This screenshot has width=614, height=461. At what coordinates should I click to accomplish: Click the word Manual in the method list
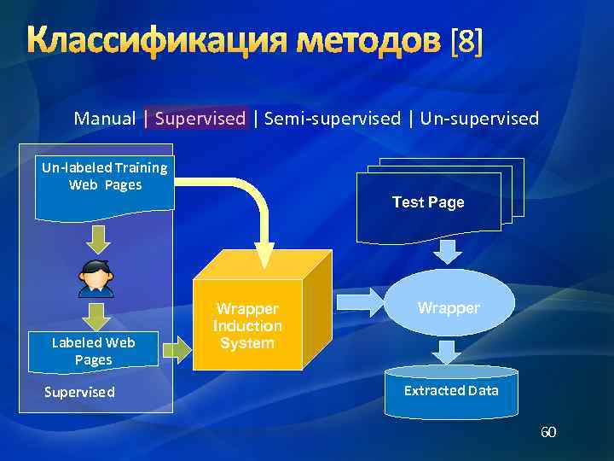tap(105, 119)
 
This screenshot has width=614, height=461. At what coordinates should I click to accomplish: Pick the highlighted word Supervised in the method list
tap(200, 119)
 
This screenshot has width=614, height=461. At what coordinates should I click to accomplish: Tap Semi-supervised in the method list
tap(332, 119)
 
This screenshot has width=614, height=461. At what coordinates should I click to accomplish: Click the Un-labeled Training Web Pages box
tap(105, 184)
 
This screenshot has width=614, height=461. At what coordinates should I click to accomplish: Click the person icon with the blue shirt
tap(96, 278)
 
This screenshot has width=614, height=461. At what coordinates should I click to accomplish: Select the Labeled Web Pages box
tap(94, 351)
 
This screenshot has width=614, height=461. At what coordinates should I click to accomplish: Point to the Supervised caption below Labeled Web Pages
tap(79, 392)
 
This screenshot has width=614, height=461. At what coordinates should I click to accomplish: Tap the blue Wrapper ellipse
tap(449, 306)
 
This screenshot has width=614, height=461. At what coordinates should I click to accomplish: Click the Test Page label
tap(428, 202)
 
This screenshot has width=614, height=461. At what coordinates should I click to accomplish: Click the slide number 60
tap(547, 433)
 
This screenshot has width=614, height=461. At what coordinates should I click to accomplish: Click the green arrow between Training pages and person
tap(96, 236)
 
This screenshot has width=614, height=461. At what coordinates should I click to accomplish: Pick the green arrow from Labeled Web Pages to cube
tap(176, 349)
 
